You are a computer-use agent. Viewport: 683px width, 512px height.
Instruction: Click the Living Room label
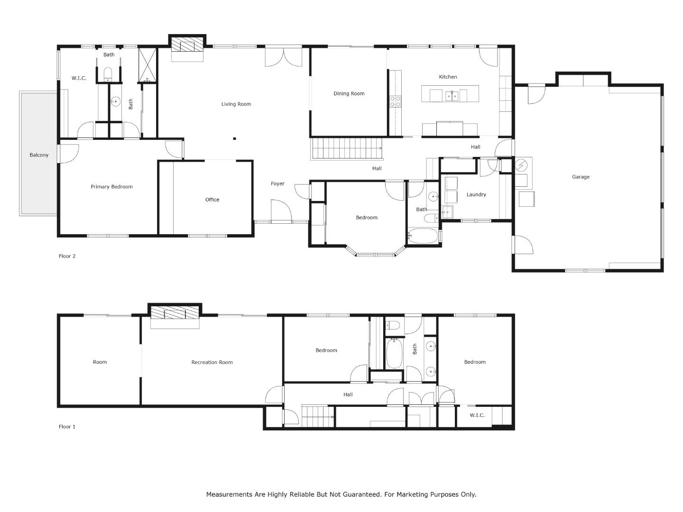pyautogui.click(x=236, y=104)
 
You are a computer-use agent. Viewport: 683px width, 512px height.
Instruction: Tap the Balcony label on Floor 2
pyautogui.click(x=39, y=155)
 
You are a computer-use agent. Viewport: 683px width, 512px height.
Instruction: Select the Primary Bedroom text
pyautogui.click(x=111, y=187)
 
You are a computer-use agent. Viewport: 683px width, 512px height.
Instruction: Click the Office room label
pyautogui.click(x=212, y=200)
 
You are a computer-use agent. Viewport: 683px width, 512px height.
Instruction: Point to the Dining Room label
pyautogui.click(x=349, y=93)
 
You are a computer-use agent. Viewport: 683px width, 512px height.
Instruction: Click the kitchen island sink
pyautogui.click(x=451, y=96)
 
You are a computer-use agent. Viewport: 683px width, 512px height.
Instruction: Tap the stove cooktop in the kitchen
pyautogui.click(x=395, y=101)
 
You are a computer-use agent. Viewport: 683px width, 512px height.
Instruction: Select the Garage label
pyautogui.click(x=581, y=177)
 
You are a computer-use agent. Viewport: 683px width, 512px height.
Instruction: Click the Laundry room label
pyautogui.click(x=476, y=194)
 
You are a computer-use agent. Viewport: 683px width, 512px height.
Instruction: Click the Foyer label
pyautogui.click(x=277, y=183)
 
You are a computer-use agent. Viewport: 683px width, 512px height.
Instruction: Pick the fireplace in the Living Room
pyautogui.click(x=187, y=46)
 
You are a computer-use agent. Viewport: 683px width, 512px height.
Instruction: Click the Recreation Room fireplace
pyautogui.click(x=175, y=313)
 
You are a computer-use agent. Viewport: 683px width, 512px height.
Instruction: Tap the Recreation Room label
pyautogui.click(x=212, y=362)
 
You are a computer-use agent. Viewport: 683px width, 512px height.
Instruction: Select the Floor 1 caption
pyautogui.click(x=67, y=427)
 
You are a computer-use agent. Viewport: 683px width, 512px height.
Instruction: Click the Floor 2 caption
pyautogui.click(x=67, y=256)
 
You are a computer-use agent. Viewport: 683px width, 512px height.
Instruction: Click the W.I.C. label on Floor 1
pyautogui.click(x=477, y=415)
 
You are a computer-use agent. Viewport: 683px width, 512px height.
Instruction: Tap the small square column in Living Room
pyautogui.click(x=234, y=139)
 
